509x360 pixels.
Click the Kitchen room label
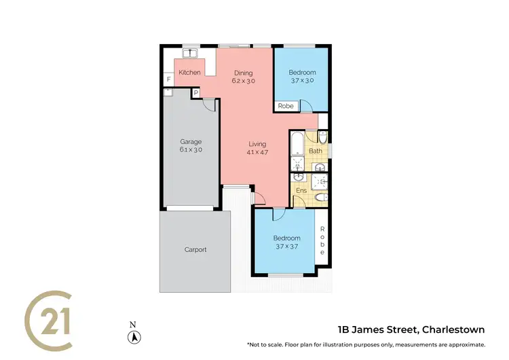pyautogui.click(x=189, y=73)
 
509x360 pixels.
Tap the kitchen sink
pyautogui.click(x=189, y=53)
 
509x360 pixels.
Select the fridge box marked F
pyautogui.click(x=168, y=79)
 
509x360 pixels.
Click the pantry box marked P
pyautogui.click(x=195, y=92)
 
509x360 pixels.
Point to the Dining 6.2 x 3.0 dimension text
pyautogui.click(x=244, y=81)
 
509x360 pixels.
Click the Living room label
pyautogui.click(x=257, y=144)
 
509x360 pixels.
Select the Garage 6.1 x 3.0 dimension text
pyautogui.click(x=191, y=149)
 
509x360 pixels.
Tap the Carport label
pyautogui.click(x=195, y=249)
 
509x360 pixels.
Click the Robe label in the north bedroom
pyautogui.click(x=285, y=106)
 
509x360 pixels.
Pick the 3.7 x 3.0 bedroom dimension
pyautogui.click(x=302, y=80)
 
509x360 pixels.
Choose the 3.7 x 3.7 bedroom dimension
pyautogui.click(x=286, y=247)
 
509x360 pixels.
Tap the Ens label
pyautogui.click(x=301, y=191)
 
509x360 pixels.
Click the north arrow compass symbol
pyautogui.click(x=135, y=336)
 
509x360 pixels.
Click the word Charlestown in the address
pyautogui.click(x=453, y=330)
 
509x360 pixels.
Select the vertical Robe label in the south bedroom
pyautogui.click(x=323, y=240)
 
